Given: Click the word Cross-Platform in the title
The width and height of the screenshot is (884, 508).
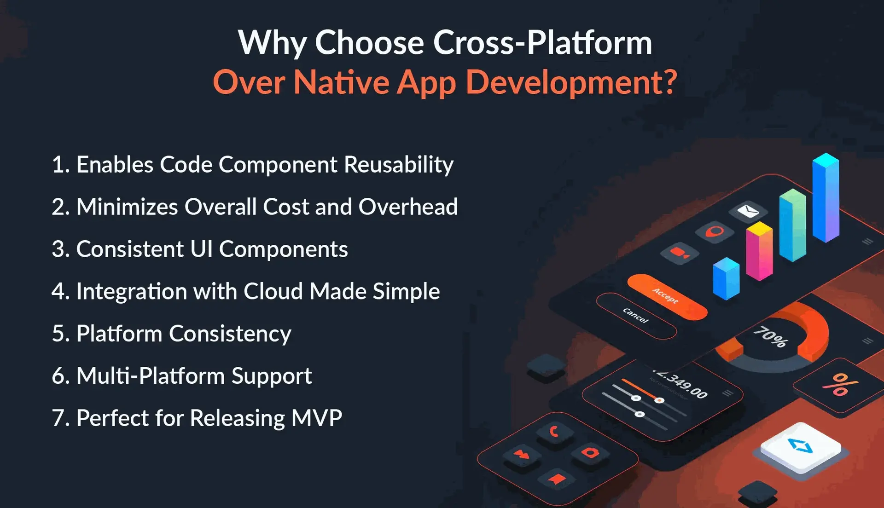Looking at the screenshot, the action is point(542,42).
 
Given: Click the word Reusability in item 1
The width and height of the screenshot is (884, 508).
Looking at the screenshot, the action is point(399,165).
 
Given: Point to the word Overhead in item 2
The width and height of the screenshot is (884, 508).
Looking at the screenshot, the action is point(408,207).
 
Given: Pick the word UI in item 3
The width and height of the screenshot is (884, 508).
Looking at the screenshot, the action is point(201,249).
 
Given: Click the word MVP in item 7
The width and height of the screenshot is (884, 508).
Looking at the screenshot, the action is point(317,418).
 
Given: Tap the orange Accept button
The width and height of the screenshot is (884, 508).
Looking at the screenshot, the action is point(667,297).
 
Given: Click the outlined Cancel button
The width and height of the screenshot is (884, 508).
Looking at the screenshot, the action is point(636,316).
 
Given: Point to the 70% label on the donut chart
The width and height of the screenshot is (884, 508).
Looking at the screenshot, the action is point(771,337).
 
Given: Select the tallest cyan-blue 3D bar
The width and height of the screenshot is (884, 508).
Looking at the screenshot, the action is point(826,197).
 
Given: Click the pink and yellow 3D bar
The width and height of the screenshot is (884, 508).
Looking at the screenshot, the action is point(759,251).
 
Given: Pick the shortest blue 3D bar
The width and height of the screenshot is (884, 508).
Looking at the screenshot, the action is point(726,278).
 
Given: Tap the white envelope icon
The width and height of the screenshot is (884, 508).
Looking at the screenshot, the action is point(748,211).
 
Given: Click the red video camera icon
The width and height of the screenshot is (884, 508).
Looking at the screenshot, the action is point(679,253).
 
